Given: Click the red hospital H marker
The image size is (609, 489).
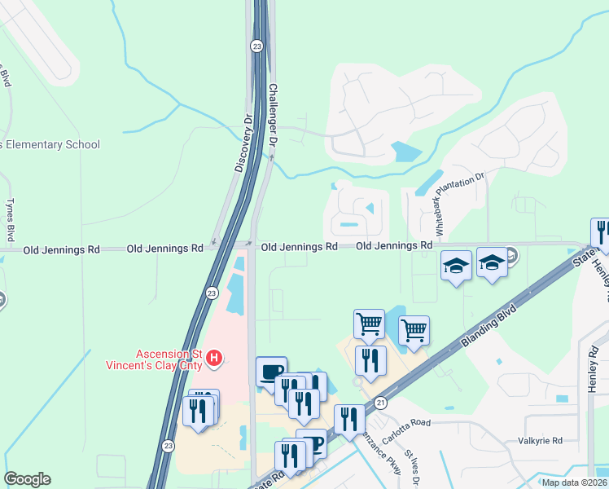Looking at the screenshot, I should [x=214, y=358].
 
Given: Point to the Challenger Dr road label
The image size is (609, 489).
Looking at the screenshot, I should [x=274, y=114].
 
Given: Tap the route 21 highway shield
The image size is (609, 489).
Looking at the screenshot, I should [x=380, y=402].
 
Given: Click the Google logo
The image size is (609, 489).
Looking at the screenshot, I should [x=27, y=479].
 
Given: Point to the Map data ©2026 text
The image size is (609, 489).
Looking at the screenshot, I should [x=575, y=482].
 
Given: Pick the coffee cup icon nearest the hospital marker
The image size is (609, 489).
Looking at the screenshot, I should [x=271, y=371].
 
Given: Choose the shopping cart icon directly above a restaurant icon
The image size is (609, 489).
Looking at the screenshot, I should [x=369, y=324].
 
